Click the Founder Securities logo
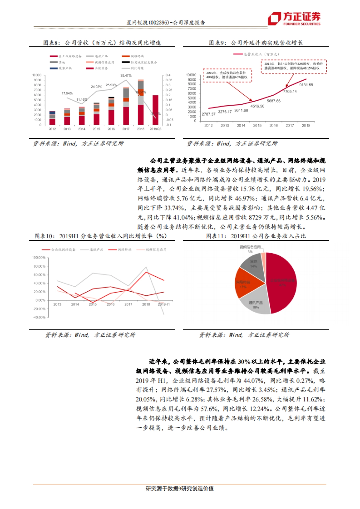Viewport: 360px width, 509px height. pos(294,19)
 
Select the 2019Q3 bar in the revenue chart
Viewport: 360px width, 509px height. pos(155,110)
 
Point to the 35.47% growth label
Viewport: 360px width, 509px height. pos(126,76)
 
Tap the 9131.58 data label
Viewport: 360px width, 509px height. pos(306,85)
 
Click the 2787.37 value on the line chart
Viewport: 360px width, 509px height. pos(208,114)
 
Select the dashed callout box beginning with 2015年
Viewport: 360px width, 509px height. pos(227,75)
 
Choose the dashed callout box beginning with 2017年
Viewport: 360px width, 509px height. pos(294,66)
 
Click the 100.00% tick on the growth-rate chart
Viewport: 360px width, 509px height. pos(39,258)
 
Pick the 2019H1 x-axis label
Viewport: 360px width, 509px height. pos(164,304)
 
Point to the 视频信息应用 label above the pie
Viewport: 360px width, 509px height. pos(250,247)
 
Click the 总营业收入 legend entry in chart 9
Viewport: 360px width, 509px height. pos(257,54)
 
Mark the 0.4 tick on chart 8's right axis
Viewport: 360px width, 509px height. pos(168,75)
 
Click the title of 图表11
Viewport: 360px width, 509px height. pos(256,236)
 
